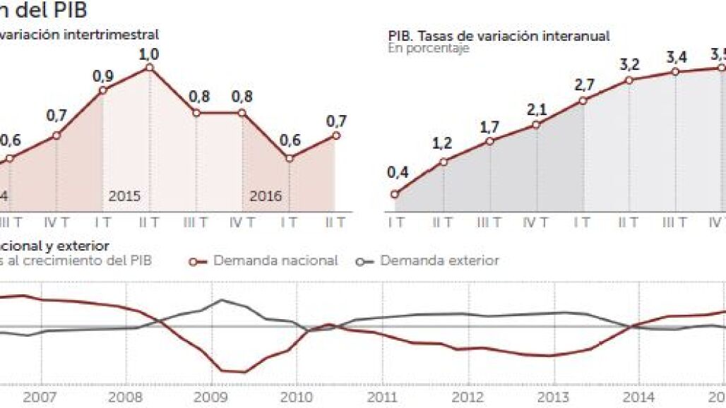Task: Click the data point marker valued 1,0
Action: pos(149,67)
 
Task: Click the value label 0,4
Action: pos(398,172)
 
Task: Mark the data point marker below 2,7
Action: pos(583,101)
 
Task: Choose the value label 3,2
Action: pos(629,64)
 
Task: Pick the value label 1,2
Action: pos(443,143)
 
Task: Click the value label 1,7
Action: pos(489,127)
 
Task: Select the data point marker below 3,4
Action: pos(676,72)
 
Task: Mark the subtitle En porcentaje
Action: pos(428,49)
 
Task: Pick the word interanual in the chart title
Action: pos(573,36)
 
